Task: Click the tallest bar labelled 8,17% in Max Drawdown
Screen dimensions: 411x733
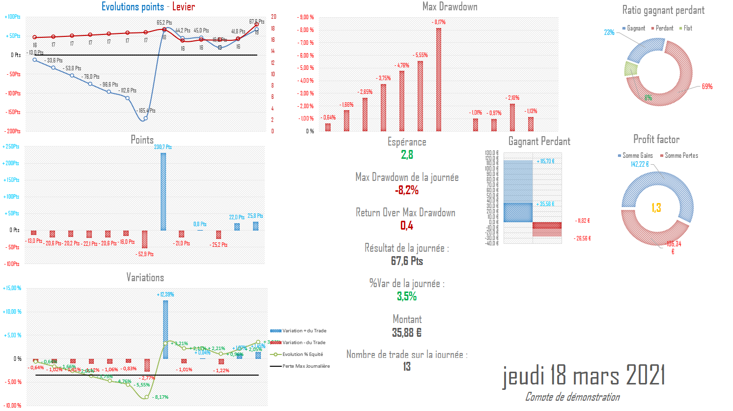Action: [x=439, y=80]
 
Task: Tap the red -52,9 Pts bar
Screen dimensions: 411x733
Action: [x=144, y=239]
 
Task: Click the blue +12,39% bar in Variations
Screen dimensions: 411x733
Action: [x=166, y=329]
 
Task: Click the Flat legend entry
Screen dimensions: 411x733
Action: [x=686, y=29]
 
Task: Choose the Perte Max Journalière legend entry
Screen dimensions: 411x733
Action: [x=306, y=366]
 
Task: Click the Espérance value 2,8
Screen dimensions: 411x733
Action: [x=407, y=155]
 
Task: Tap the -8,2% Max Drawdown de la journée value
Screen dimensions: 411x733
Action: [x=407, y=190]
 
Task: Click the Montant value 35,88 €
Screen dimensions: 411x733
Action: [x=407, y=333]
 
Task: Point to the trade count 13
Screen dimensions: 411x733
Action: [x=407, y=367]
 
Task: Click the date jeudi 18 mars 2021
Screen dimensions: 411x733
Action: [x=583, y=376]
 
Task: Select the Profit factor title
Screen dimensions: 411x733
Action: [x=656, y=140]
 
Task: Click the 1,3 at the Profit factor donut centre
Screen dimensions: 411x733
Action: [x=656, y=208]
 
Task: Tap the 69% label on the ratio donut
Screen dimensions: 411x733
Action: [x=707, y=87]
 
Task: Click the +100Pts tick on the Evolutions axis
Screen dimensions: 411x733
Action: [x=13, y=17]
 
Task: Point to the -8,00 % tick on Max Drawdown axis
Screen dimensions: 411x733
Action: [x=306, y=30]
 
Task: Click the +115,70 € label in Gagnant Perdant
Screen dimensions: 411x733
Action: [x=545, y=162]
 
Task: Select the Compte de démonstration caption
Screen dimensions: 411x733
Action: [x=572, y=397]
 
